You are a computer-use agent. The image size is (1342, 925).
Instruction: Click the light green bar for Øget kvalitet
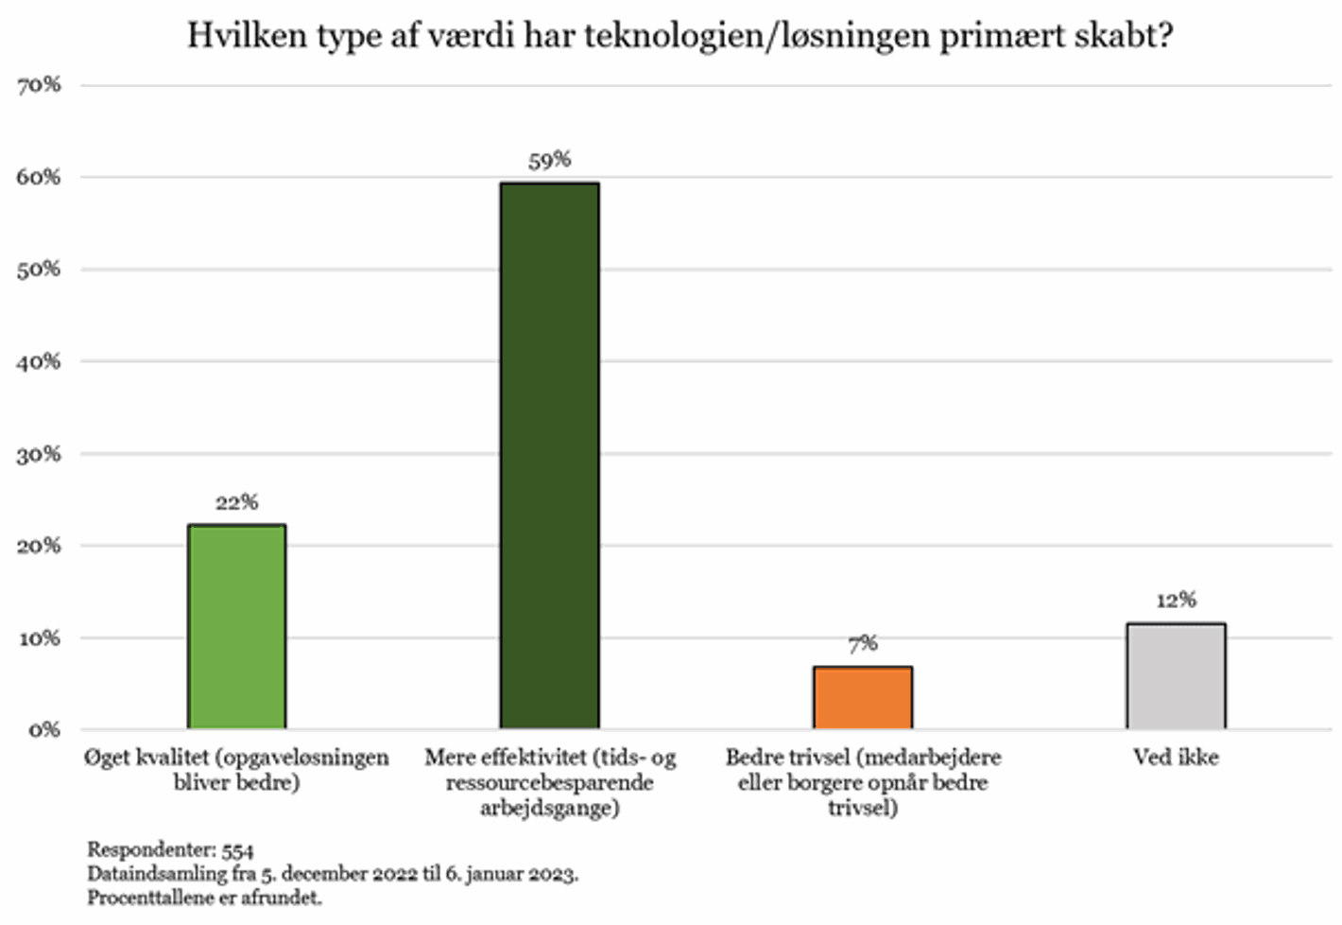(236, 626)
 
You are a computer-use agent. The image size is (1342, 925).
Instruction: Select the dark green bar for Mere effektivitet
(549, 455)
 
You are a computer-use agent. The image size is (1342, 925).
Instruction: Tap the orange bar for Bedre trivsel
(863, 697)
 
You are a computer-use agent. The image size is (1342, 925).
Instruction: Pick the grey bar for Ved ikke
(1176, 675)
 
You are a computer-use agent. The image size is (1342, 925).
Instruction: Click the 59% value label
(549, 160)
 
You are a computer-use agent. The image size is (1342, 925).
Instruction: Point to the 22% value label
(236, 502)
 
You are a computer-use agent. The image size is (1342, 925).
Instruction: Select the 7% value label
(863, 644)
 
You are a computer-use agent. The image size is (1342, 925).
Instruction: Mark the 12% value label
(1176, 600)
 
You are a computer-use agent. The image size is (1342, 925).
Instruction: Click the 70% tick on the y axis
(39, 85)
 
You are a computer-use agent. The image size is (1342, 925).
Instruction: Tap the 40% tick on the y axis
(39, 361)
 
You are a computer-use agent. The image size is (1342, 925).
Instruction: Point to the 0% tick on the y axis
(43, 730)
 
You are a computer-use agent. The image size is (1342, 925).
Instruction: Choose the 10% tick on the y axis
(39, 638)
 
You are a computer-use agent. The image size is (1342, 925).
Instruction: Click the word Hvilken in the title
(233, 36)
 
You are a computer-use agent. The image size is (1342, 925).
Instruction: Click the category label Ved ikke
(1176, 758)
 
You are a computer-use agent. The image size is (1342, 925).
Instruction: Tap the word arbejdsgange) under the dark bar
(549, 809)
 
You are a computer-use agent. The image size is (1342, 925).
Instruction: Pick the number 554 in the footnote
(237, 850)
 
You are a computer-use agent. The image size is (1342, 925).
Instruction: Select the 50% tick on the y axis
(39, 270)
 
